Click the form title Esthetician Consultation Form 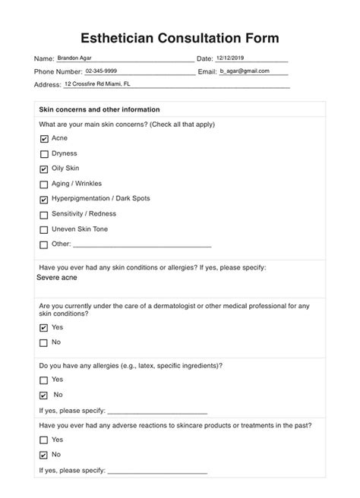179,37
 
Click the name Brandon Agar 79,58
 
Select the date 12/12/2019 230,58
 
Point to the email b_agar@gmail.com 245,71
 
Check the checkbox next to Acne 43,139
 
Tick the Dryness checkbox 43,153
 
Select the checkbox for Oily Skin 43,169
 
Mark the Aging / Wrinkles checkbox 43,184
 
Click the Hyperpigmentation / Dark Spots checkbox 43,199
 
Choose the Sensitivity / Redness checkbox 43,214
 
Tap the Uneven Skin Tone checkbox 43,229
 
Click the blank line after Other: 142,244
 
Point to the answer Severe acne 57,278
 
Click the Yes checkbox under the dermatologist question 43,328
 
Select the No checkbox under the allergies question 43,396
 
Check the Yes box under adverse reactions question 43,440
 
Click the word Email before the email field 207,71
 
